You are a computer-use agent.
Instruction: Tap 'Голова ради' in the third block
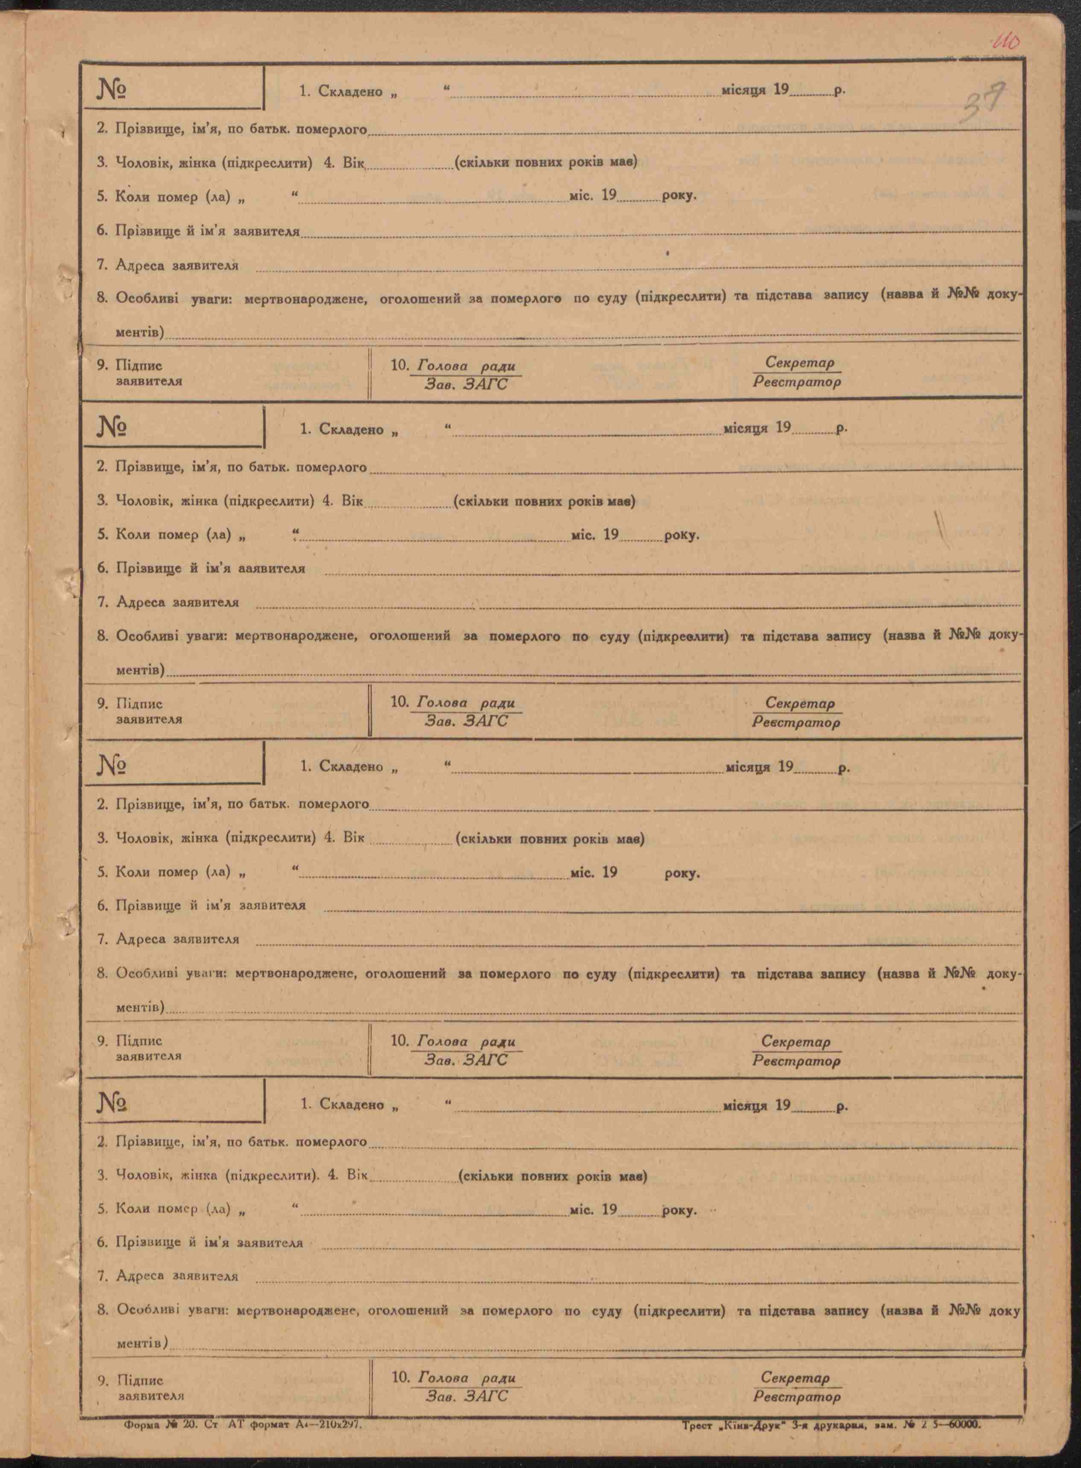466,1041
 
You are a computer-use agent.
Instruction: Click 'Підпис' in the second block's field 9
139,704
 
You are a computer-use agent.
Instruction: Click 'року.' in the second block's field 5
681,535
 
